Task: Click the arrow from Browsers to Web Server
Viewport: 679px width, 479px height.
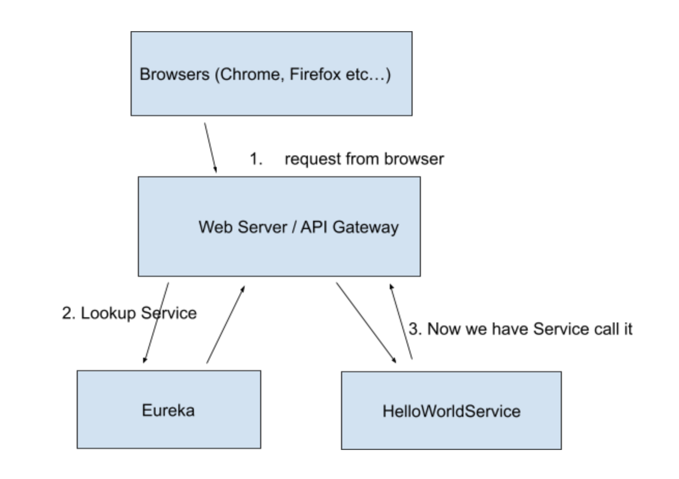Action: tap(210, 148)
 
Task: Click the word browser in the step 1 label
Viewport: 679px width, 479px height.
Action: tap(414, 159)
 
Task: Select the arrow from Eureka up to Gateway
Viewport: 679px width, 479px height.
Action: tap(225, 323)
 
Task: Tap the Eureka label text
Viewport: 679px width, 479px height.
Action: tap(168, 410)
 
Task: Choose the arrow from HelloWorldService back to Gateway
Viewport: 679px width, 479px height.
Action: tap(401, 321)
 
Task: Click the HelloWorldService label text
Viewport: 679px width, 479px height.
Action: tap(451, 411)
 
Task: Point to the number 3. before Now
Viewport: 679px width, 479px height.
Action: tap(415, 329)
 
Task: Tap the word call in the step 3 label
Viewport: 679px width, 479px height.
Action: tap(604, 329)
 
